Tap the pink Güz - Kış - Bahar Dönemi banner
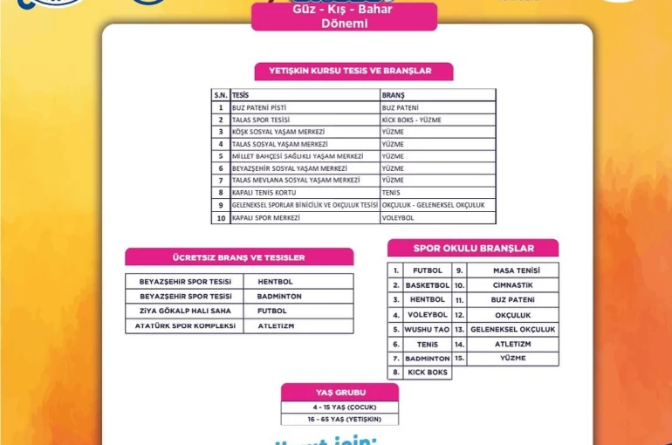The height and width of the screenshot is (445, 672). pyautogui.click(x=344, y=17)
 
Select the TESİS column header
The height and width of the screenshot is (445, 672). pyautogui.click(x=241, y=94)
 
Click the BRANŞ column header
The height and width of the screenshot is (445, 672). pyautogui.click(x=394, y=94)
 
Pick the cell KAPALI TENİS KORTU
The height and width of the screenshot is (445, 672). pyautogui.click(x=261, y=192)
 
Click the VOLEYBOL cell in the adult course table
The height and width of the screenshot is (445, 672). pyautogui.click(x=398, y=217)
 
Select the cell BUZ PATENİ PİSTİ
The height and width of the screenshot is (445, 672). pyautogui.click(x=259, y=106)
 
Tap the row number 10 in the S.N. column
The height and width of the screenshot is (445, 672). pyautogui.click(x=221, y=217)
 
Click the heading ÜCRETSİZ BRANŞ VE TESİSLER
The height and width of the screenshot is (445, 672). pyautogui.click(x=238, y=257)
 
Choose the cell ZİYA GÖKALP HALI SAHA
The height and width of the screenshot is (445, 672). pyautogui.click(x=185, y=311)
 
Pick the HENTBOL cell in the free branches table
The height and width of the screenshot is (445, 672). pyautogui.click(x=275, y=282)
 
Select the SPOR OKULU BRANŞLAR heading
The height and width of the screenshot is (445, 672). pyautogui.click(x=473, y=249)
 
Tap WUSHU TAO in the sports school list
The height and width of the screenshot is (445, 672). pyautogui.click(x=427, y=329)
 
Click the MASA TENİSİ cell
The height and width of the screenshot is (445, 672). pyautogui.click(x=516, y=270)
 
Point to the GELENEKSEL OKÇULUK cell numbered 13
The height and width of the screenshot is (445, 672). pyautogui.click(x=512, y=329)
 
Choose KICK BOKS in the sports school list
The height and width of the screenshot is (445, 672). pyautogui.click(x=427, y=373)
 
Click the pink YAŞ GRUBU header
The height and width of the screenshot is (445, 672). pyautogui.click(x=339, y=393)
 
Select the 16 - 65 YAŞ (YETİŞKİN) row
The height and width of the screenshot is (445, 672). pyautogui.click(x=339, y=419)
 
